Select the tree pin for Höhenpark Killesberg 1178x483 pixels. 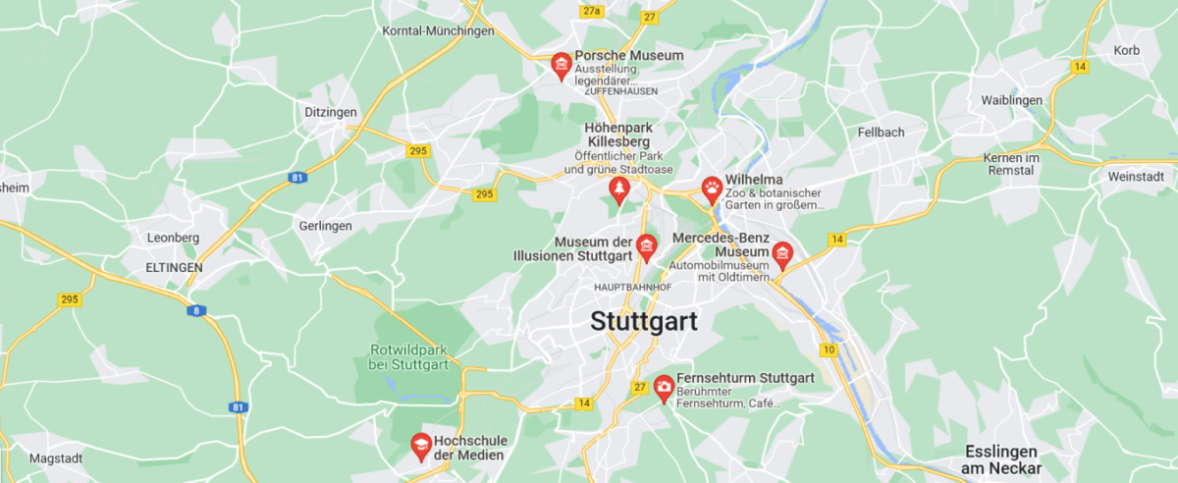pyautogui.click(x=618, y=188)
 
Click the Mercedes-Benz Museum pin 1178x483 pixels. pyautogui.click(x=782, y=255)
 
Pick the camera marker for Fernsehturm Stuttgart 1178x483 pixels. pyautogui.click(x=665, y=388)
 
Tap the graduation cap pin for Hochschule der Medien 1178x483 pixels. pyautogui.click(x=420, y=447)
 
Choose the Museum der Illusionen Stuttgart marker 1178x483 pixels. pyautogui.click(x=646, y=246)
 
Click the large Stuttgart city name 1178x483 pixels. pyautogui.click(x=644, y=321)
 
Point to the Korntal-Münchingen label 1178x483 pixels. pyautogui.click(x=438, y=31)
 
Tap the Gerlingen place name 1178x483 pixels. pyautogui.click(x=325, y=226)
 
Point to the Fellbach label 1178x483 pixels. pyautogui.click(x=881, y=132)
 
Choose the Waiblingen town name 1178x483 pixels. pyautogui.click(x=1012, y=101)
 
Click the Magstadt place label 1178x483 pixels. pyautogui.click(x=56, y=458)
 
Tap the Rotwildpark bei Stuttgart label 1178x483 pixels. pyautogui.click(x=409, y=357)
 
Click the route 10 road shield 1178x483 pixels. pyautogui.click(x=830, y=350)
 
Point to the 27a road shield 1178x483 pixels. pyautogui.click(x=591, y=12)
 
